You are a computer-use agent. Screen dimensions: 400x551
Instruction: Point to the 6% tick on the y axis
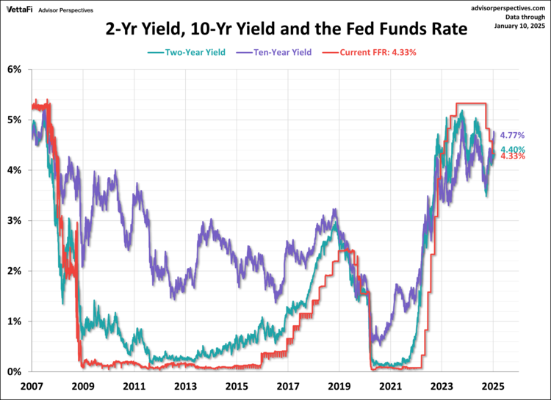click(x=15, y=70)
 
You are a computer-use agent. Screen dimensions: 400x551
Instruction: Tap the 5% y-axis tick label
click(x=15, y=120)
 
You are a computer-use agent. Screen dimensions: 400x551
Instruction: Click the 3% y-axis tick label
click(x=15, y=221)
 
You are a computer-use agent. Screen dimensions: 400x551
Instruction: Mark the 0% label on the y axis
click(x=15, y=372)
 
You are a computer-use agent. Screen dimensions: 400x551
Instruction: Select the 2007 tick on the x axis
click(x=30, y=385)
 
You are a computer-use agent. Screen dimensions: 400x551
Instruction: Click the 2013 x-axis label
click(x=184, y=385)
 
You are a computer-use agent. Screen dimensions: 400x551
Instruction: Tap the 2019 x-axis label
click(x=339, y=385)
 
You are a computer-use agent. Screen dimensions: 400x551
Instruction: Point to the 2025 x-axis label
click(x=493, y=385)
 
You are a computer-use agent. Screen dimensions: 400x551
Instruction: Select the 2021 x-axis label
click(x=390, y=385)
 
